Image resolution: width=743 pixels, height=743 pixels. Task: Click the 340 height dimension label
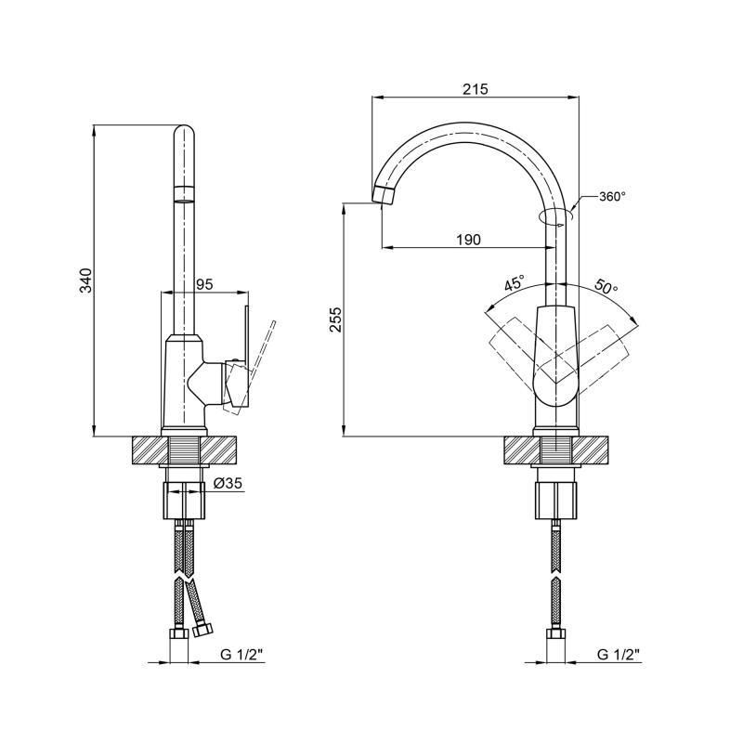point(85,280)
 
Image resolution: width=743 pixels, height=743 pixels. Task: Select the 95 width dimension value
point(204,284)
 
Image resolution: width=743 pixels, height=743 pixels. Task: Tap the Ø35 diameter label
point(228,483)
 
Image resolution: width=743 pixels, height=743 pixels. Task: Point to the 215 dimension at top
point(476,89)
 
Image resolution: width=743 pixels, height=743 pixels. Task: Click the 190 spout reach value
point(469,240)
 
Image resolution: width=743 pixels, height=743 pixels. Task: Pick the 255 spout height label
point(335,319)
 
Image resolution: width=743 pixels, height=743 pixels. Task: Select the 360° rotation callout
point(612,196)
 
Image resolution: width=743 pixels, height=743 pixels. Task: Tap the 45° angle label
point(514,283)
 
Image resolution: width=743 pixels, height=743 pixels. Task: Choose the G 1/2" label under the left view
point(241,655)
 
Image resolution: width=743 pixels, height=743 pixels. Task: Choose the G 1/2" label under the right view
point(618,655)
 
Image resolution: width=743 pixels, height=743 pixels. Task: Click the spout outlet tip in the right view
point(383,195)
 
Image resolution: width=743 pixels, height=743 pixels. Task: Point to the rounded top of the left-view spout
point(184,132)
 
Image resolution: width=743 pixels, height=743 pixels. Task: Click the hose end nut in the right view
point(555,633)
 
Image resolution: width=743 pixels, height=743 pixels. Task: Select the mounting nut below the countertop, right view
point(557,501)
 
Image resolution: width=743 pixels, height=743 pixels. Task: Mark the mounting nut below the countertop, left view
point(185,501)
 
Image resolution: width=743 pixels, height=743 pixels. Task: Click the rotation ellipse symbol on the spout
point(556,215)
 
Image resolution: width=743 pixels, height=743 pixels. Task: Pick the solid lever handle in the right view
point(556,357)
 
